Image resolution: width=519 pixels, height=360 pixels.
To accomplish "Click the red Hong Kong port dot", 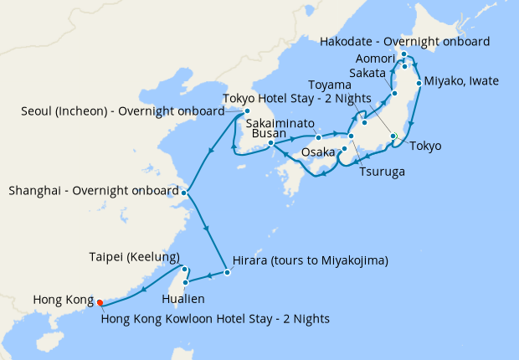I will (x=100, y=303).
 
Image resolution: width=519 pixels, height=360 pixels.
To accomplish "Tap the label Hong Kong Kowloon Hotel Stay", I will (x=214, y=318).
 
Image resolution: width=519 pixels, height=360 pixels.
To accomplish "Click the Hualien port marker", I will (x=185, y=282).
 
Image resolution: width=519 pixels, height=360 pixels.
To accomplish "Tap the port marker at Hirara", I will (x=227, y=272).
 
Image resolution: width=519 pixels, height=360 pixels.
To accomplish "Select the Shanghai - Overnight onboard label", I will (x=93, y=191).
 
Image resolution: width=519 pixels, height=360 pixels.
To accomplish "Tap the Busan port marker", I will (x=271, y=144).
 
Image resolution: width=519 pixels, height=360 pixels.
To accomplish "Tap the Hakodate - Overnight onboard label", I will (x=406, y=41).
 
